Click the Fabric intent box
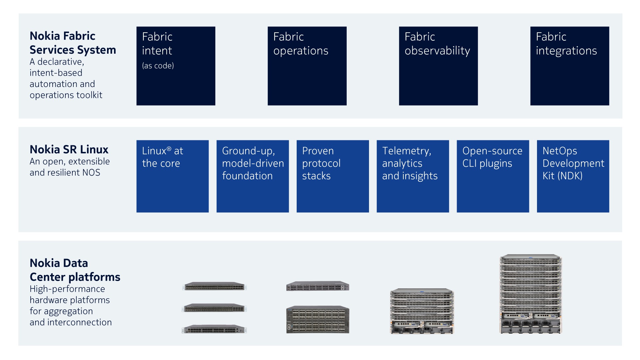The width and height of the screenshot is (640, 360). (176, 66)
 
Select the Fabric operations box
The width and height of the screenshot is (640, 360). (307, 66)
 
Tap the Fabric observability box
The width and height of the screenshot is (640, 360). (438, 66)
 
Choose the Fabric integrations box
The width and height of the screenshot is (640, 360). (570, 66)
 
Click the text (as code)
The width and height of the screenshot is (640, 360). (158, 66)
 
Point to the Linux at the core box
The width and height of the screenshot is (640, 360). (172, 176)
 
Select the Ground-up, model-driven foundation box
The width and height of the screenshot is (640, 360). (253, 176)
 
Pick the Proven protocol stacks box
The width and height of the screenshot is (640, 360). (333, 176)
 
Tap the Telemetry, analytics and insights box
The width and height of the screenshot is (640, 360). (413, 176)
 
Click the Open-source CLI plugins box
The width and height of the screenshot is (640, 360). (493, 176)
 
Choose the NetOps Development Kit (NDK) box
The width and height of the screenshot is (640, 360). (573, 176)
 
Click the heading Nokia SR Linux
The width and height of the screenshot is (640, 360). (69, 149)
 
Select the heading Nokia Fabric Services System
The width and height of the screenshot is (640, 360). (73, 43)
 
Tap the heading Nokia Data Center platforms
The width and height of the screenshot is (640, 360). (75, 270)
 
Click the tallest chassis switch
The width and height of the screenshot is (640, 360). (531, 294)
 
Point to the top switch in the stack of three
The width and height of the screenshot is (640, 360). (214, 286)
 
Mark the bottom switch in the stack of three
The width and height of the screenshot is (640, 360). (214, 329)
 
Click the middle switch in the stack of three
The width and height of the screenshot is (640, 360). (214, 308)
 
